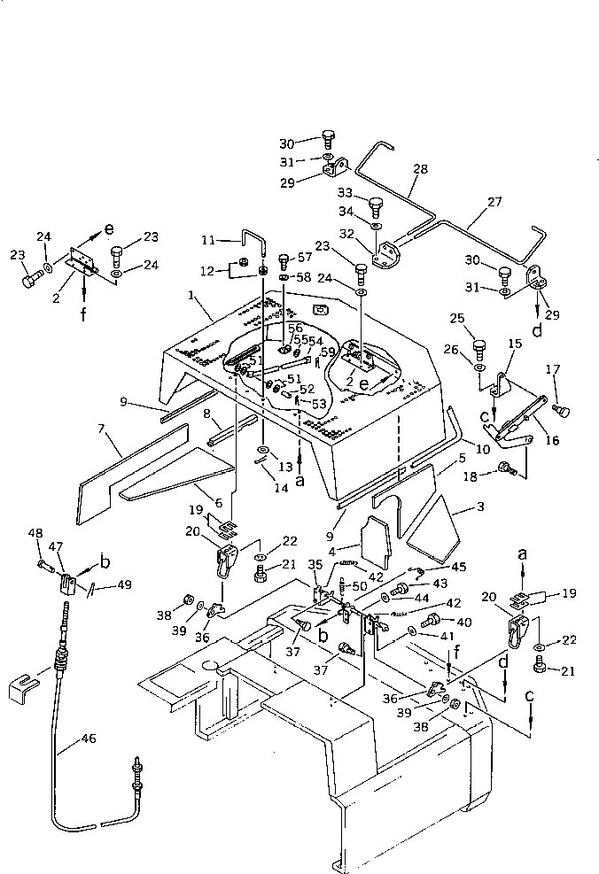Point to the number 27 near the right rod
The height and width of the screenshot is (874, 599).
point(494,202)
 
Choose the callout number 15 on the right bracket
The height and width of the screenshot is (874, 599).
point(514,343)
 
